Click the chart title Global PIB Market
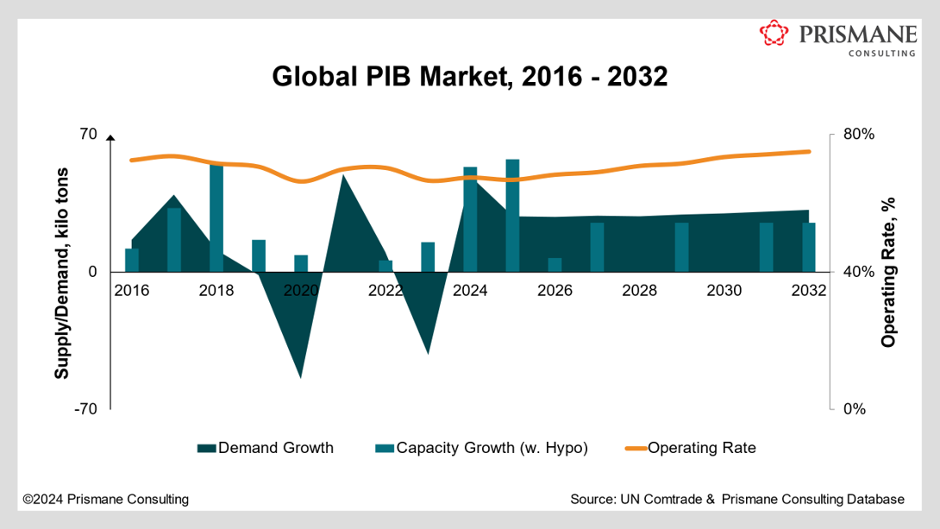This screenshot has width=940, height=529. click(x=470, y=76)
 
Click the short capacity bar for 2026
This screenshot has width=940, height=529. click(x=555, y=265)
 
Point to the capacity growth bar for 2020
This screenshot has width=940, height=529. click(x=301, y=263)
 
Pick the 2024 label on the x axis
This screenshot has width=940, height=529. click(x=470, y=291)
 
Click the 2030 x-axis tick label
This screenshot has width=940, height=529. click(x=724, y=291)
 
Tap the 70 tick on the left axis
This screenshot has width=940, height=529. click(x=87, y=135)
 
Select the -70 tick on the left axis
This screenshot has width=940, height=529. click(x=84, y=408)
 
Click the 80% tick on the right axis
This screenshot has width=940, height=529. click(x=857, y=135)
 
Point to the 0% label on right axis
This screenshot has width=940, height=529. click(x=854, y=408)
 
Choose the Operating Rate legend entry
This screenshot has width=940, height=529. click(x=700, y=447)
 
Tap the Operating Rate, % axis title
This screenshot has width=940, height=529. click(x=888, y=273)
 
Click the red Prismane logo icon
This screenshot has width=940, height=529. click(x=774, y=35)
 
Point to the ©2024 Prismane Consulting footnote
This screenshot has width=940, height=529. click(x=105, y=499)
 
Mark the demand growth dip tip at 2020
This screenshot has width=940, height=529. click(x=301, y=376)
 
